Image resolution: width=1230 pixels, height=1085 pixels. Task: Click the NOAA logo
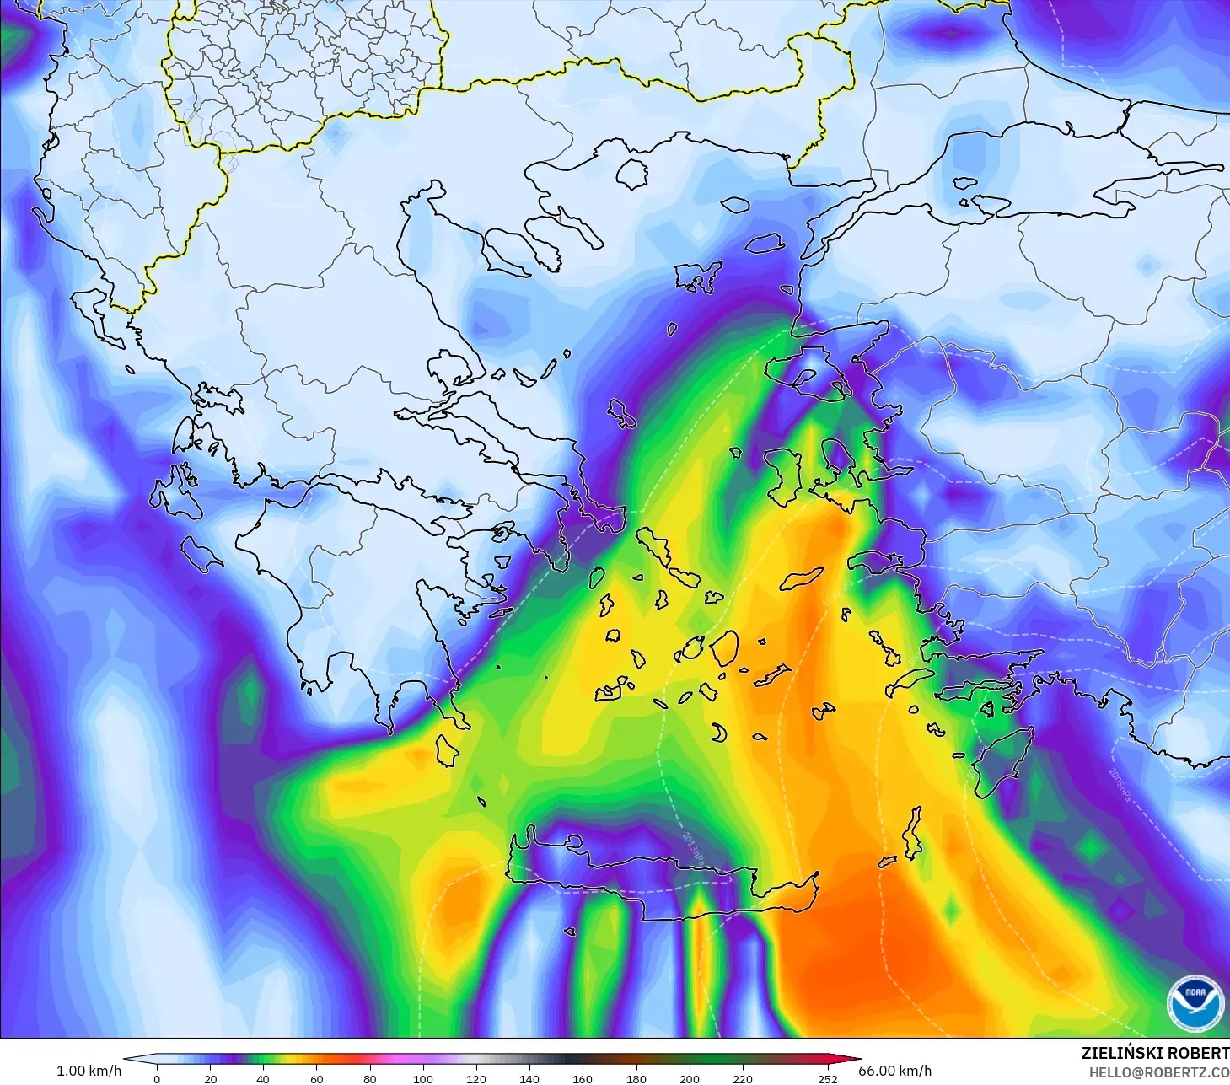coord(1195,1000)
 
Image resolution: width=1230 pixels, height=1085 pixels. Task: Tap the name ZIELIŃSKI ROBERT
coord(1154,1053)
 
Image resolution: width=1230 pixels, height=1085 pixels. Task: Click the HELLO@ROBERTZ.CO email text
coord(1158,1072)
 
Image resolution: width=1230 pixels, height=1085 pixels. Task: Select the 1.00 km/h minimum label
coord(89,1071)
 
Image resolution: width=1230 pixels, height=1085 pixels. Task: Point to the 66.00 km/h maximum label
coord(894,1071)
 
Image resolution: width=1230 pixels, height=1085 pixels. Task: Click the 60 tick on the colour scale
coord(316,1078)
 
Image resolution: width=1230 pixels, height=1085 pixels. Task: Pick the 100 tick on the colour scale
coord(422,1078)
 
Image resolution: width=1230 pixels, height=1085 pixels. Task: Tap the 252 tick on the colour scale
coord(827,1078)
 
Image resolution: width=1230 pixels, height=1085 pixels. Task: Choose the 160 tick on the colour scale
coord(582,1078)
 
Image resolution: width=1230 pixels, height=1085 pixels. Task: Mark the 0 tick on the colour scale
coord(157,1078)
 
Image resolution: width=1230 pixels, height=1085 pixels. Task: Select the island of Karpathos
coord(913,834)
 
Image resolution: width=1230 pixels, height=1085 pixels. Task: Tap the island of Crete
coord(658,881)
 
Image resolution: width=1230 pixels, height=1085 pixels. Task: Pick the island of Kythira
coord(446,749)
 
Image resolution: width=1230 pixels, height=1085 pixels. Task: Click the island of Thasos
coord(632,174)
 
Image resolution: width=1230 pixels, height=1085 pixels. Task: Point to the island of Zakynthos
coord(201,552)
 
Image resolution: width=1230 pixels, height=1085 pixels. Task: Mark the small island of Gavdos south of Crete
coord(570,932)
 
